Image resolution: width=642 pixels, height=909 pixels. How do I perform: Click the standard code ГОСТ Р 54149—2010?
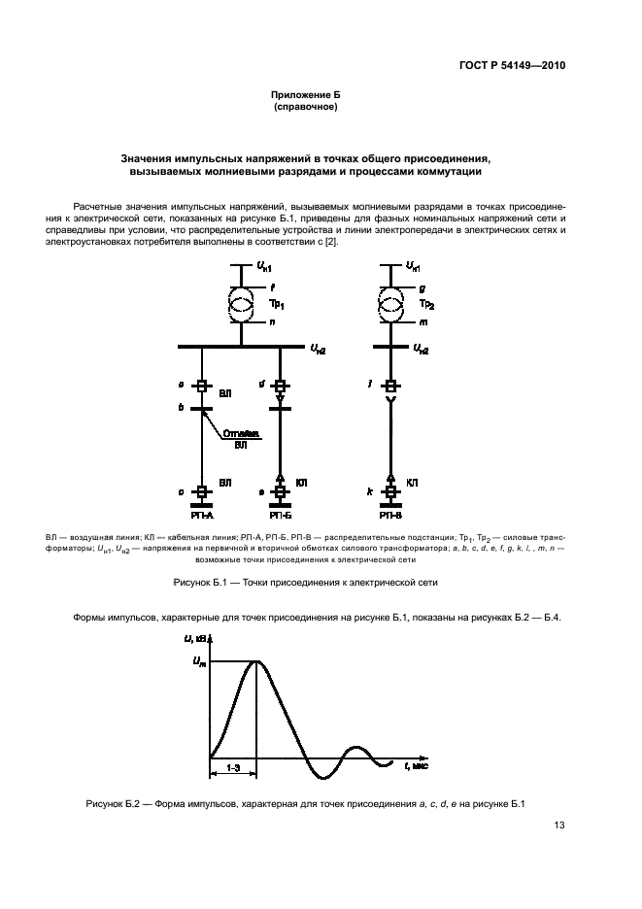(x=512, y=66)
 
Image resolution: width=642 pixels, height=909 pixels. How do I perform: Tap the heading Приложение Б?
(x=306, y=96)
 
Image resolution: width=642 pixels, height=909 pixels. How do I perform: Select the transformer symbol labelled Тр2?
(x=390, y=304)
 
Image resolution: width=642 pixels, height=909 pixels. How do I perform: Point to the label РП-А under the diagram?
(x=202, y=516)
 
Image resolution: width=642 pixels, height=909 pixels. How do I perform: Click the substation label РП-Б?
(x=281, y=516)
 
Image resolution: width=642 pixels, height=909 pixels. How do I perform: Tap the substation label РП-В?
(x=390, y=516)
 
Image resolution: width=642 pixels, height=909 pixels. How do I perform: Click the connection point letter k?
(x=370, y=493)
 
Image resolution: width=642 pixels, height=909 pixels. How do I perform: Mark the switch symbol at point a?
(x=202, y=387)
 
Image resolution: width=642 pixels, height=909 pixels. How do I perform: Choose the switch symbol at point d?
(x=281, y=387)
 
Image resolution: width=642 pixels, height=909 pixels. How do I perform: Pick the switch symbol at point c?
(x=202, y=493)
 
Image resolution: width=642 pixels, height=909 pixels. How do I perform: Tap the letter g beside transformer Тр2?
(x=422, y=287)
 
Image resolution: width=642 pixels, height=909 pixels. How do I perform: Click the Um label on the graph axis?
(x=199, y=661)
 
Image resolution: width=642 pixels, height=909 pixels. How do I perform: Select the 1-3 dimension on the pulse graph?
(x=233, y=767)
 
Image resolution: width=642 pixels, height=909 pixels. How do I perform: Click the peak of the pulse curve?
(x=256, y=661)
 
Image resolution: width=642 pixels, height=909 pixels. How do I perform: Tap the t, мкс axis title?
(x=415, y=765)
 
